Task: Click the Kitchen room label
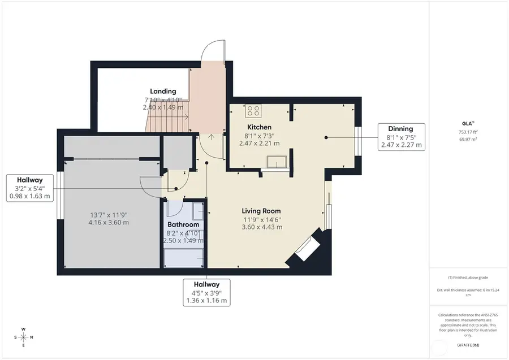259,127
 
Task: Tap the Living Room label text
262,211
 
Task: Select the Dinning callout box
401,137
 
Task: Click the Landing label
163,91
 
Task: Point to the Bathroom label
183,224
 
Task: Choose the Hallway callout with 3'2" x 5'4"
29,188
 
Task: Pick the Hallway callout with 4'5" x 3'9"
206,292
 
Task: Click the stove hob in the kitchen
253,110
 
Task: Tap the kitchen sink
277,163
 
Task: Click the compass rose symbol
23,337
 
